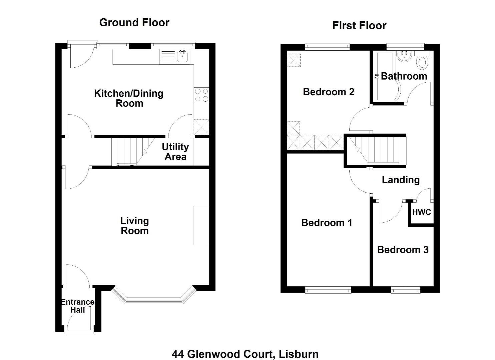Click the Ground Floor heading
click(134, 23)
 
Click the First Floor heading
click(359, 26)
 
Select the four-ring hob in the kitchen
click(201, 95)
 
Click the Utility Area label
click(175, 152)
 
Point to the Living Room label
click(134, 226)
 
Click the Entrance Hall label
click(78, 306)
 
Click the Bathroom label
click(404, 76)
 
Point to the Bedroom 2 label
click(329, 92)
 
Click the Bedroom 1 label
click(327, 223)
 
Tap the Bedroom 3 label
click(403, 250)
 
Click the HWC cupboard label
click(421, 212)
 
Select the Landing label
click(401, 180)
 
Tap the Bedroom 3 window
click(406, 290)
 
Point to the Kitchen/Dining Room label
click(129, 98)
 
